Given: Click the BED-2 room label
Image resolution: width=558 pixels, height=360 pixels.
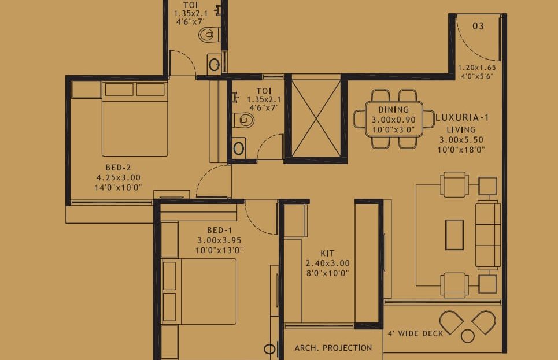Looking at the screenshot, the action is (x=118, y=168).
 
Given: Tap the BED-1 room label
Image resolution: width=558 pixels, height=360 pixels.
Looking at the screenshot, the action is (x=220, y=231).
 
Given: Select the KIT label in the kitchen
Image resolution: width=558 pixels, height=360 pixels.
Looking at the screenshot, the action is (x=327, y=253).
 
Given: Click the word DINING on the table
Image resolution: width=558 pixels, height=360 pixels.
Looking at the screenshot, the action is (x=394, y=110).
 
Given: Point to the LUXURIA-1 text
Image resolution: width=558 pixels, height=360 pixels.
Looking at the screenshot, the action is (x=462, y=117).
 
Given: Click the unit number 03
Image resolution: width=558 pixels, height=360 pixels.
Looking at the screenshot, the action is (x=478, y=26).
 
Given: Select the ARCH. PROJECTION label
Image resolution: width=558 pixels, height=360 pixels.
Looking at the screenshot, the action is (x=333, y=348).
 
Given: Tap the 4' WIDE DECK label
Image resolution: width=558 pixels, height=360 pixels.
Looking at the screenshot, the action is (x=415, y=333).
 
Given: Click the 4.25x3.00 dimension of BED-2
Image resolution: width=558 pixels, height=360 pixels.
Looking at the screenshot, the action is (x=118, y=177).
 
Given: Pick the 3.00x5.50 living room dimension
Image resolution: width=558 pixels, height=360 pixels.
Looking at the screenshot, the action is (x=461, y=140).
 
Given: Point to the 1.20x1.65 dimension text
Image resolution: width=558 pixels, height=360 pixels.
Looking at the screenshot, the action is (x=477, y=68).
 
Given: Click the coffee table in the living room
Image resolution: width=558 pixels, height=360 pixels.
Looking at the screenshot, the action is (x=454, y=235).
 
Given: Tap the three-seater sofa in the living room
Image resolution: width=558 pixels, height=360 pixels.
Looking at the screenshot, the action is (x=488, y=235).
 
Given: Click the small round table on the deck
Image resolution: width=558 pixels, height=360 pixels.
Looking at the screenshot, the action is (x=467, y=336).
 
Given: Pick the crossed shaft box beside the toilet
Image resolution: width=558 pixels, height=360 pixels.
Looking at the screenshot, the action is (x=316, y=118).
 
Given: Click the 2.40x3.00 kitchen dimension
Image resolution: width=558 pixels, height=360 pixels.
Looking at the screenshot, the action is (x=327, y=263).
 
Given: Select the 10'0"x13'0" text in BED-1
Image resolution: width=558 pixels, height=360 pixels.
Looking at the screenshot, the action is (x=219, y=250).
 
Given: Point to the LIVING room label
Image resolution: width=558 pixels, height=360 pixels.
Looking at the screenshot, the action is (x=461, y=130).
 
